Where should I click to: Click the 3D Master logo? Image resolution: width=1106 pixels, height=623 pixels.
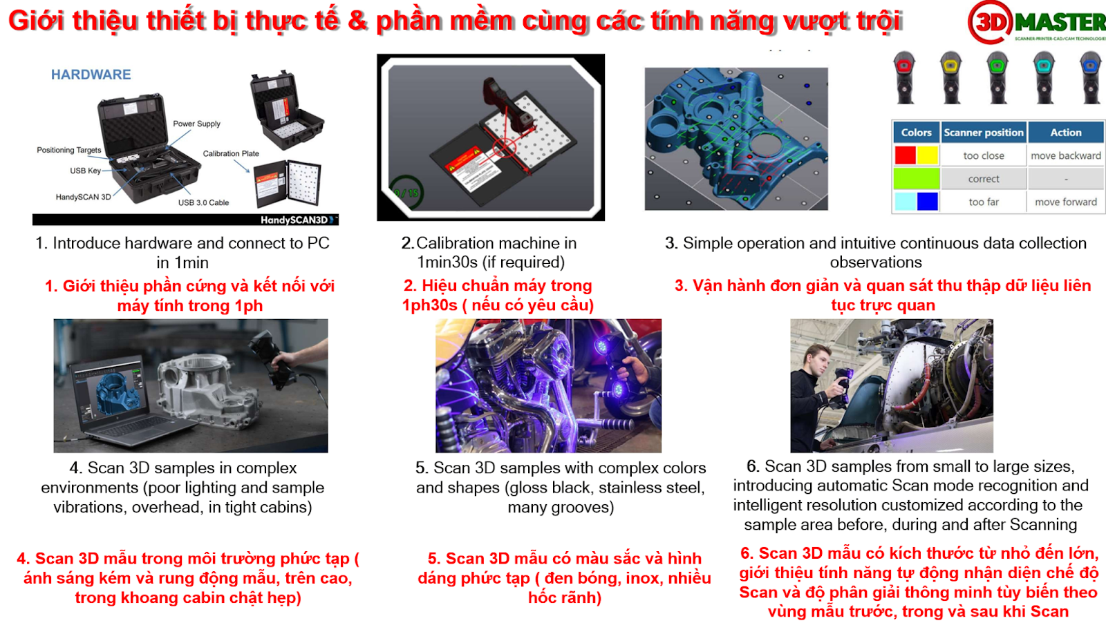[1037, 21]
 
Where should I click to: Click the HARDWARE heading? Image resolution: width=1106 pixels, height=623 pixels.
[91, 75]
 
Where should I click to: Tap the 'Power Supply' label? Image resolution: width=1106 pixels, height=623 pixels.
[196, 124]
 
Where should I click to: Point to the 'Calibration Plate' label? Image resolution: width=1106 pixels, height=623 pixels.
[231, 153]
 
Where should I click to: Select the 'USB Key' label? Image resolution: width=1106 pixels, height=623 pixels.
[86, 171]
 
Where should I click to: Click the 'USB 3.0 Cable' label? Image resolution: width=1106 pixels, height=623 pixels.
[203, 203]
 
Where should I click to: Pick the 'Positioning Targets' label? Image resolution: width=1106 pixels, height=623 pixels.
[69, 150]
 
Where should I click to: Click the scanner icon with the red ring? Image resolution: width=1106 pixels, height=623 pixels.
[904, 77]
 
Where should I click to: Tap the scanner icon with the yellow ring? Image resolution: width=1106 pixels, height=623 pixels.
[951, 77]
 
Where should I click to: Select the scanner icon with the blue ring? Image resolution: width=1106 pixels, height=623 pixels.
[1091, 77]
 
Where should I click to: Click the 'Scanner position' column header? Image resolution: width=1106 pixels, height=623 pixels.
[984, 132]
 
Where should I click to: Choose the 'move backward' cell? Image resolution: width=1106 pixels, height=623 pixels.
[1066, 156]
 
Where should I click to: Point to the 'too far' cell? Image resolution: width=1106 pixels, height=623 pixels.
[984, 202]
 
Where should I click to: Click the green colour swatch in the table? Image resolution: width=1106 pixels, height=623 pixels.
[917, 179]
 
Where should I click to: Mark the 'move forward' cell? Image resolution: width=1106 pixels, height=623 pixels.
[1066, 202]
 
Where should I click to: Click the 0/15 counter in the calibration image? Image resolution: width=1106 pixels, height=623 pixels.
[406, 193]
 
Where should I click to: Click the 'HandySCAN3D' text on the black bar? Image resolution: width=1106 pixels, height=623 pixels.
[294, 220]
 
